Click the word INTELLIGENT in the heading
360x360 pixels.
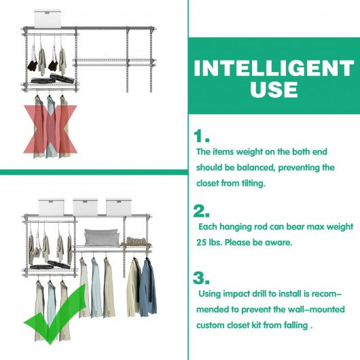pyautogui.click(x=274, y=68)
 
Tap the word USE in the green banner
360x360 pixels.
pyautogui.click(x=274, y=89)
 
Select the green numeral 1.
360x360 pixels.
pyautogui.click(x=201, y=136)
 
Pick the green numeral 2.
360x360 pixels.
pyautogui.click(x=201, y=211)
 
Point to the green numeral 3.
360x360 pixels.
pyautogui.click(x=201, y=278)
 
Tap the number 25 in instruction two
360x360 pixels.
pyautogui.click(x=202, y=242)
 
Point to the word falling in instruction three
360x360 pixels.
pyautogui.click(x=295, y=325)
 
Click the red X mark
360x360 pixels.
pyautogui.click(x=50, y=129)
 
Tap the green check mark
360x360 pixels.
pyautogui.click(x=55, y=314)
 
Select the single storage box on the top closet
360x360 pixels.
pyautogui.click(x=48, y=18)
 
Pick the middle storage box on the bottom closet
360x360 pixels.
pyautogui.click(x=85, y=207)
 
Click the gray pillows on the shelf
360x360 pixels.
pyautogui.click(x=102, y=238)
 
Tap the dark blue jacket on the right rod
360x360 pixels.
pyautogui.click(x=148, y=287)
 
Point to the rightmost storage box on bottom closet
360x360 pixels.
pyautogui.click(x=119, y=207)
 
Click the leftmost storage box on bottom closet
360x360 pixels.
pyautogui.click(x=51, y=207)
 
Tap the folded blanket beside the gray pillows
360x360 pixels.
pyautogui.click(x=136, y=242)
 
